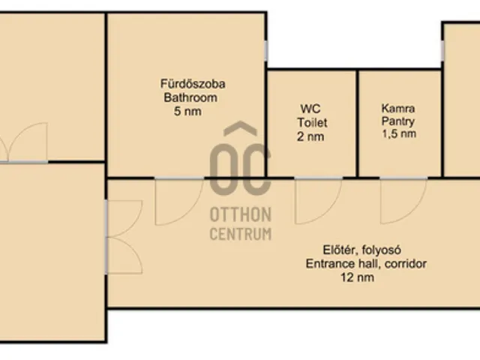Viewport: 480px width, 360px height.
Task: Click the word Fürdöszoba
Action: (193, 84)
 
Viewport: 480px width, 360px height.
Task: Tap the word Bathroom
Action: (190, 97)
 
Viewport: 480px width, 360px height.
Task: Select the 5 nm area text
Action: (187, 111)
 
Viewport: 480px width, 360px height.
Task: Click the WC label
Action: (310, 109)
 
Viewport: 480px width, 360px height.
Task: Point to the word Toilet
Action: (312, 123)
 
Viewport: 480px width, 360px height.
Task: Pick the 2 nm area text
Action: (310, 136)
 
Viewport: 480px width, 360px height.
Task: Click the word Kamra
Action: (398, 108)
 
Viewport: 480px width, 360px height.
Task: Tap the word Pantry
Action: (398, 121)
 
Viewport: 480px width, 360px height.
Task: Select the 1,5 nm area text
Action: (399, 133)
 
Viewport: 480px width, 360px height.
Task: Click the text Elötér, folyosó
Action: (362, 250)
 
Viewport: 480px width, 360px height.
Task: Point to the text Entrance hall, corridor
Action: (366, 263)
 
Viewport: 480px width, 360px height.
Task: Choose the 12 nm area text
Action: (357, 277)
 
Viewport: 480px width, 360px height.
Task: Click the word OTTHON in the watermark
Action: (241, 214)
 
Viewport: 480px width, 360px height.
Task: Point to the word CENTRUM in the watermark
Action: (241, 234)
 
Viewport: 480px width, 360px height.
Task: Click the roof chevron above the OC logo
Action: (240, 127)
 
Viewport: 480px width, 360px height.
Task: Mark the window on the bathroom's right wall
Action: (266, 51)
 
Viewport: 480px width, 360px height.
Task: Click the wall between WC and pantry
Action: (357, 123)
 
